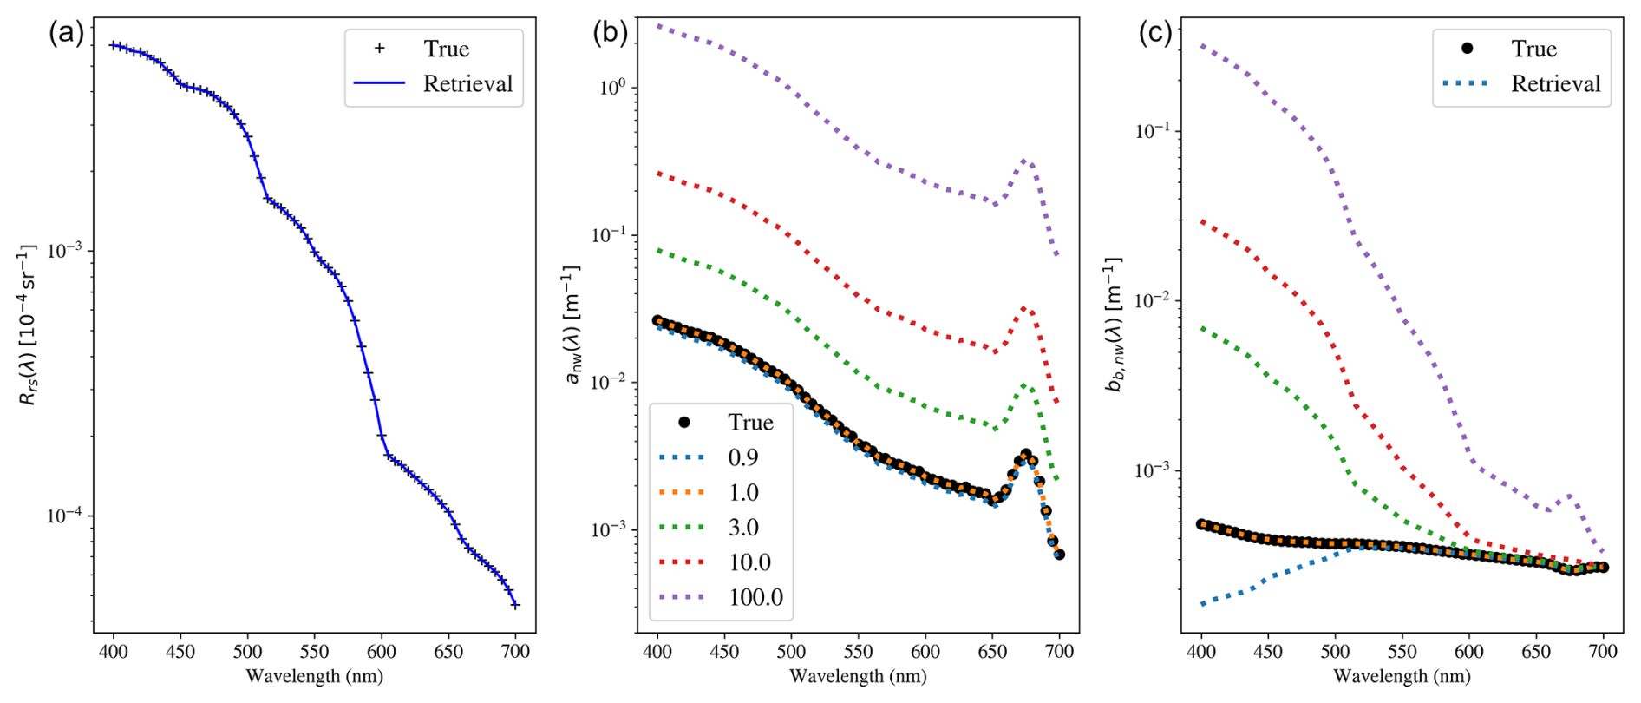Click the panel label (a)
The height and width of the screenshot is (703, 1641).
(66, 34)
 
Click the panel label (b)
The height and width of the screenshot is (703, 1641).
(610, 34)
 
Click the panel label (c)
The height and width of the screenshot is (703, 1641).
(1154, 34)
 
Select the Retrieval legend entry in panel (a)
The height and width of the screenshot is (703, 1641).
(433, 83)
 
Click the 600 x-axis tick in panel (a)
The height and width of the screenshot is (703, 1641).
(382, 652)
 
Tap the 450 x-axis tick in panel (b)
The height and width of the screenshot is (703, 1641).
(724, 652)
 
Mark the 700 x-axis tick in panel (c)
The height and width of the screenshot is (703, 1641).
(1603, 652)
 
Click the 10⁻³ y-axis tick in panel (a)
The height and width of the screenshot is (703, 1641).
(64, 251)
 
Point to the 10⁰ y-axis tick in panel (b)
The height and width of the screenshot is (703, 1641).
(612, 88)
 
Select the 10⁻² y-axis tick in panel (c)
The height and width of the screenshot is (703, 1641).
(1153, 300)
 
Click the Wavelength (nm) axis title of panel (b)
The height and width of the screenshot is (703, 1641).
(858, 676)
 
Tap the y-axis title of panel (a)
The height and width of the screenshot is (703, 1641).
(29, 325)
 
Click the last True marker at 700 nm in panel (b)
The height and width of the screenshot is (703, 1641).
(1059, 554)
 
